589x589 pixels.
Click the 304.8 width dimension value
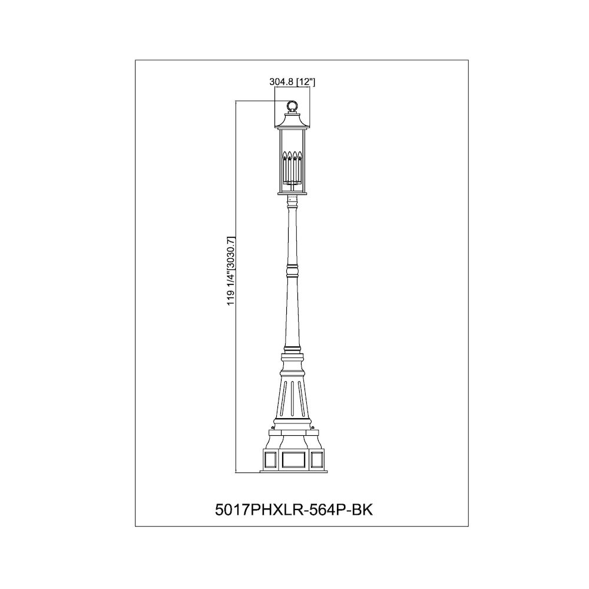(282, 82)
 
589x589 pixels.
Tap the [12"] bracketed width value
(306, 82)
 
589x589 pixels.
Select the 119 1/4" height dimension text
(231, 289)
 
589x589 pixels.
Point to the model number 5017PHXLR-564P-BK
(294, 509)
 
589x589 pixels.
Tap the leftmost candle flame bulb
(284, 155)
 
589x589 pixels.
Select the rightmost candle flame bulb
(300, 155)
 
